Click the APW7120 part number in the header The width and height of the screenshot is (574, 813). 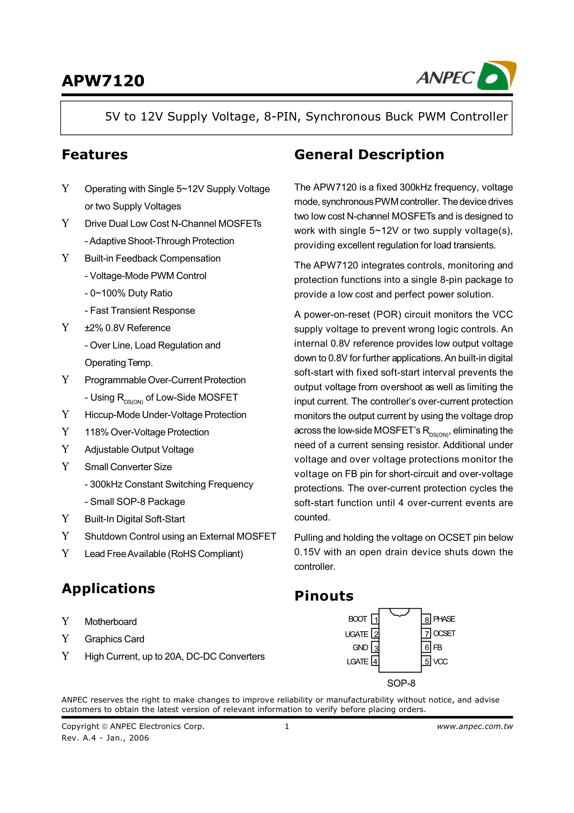[x=103, y=81]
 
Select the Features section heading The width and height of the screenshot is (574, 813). [x=95, y=155]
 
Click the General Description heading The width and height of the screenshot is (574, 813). [x=369, y=155]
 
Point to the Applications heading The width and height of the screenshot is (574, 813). [x=108, y=589]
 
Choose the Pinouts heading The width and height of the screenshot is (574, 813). [x=324, y=596]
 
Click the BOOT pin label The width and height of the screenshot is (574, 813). [x=358, y=619]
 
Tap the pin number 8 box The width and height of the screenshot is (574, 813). [x=427, y=620]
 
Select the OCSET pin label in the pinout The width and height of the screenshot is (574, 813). [x=444, y=633]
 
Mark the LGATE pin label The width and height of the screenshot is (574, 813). [x=358, y=662]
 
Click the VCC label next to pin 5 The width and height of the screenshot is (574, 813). [x=440, y=662]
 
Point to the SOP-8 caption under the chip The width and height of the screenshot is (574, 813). [x=401, y=683]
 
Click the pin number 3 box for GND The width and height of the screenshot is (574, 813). [x=376, y=648]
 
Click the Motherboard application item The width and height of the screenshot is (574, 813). [x=110, y=622]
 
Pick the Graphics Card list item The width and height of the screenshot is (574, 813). [x=114, y=639]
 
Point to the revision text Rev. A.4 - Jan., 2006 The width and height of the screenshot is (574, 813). [x=105, y=738]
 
